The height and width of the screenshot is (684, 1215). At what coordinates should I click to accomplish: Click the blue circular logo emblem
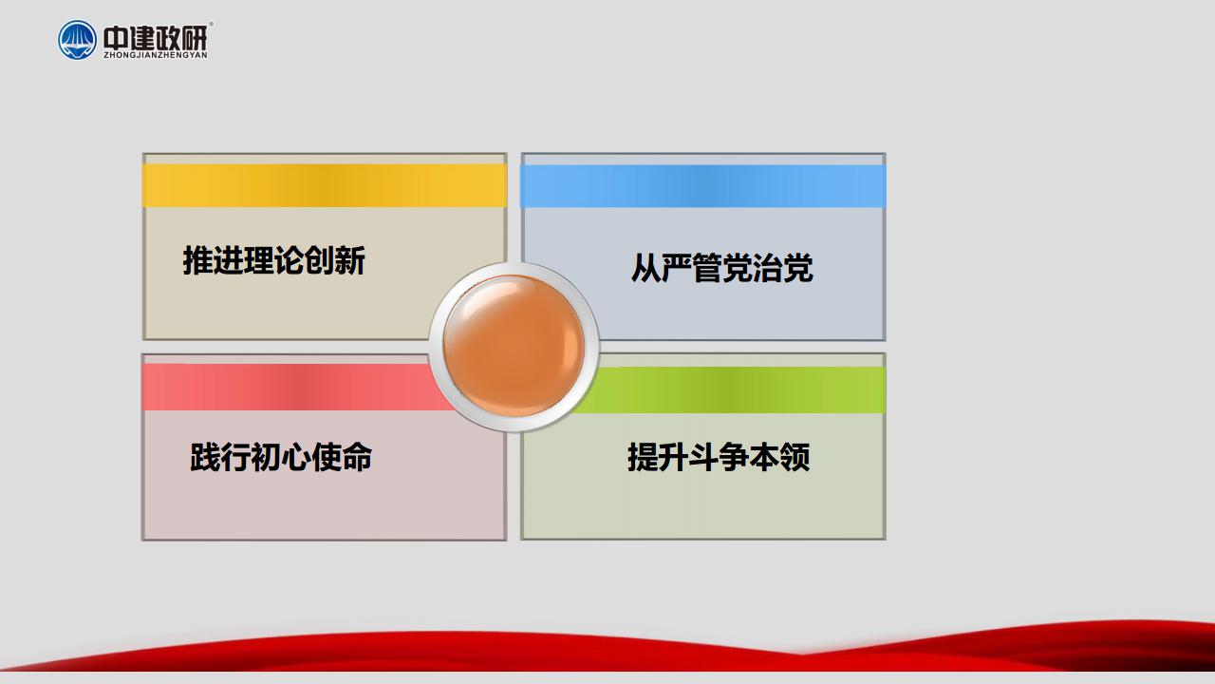(77, 40)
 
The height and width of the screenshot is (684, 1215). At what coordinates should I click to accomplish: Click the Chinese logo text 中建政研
(155, 37)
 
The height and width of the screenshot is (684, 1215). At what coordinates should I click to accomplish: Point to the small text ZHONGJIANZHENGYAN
(156, 55)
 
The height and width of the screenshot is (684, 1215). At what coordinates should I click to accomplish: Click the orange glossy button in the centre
(514, 346)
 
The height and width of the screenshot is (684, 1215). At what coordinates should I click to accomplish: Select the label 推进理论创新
(274, 260)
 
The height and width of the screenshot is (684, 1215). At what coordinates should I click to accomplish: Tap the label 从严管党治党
(722, 268)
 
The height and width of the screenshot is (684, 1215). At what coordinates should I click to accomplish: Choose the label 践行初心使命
(281, 457)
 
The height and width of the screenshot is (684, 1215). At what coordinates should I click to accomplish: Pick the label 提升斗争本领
(719, 457)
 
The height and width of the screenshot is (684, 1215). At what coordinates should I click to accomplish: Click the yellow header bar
(325, 185)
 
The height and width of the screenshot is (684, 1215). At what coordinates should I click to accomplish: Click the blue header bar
(703, 186)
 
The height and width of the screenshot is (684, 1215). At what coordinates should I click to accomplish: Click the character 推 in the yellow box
(197, 260)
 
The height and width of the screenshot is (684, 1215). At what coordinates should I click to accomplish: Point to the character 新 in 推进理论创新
(350, 260)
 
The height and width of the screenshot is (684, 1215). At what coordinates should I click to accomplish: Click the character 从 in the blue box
(645, 268)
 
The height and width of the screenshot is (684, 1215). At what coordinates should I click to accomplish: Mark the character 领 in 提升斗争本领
(795, 457)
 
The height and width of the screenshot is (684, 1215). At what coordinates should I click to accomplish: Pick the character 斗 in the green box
(703, 457)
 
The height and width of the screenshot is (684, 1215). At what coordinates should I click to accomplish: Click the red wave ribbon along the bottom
(607, 652)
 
